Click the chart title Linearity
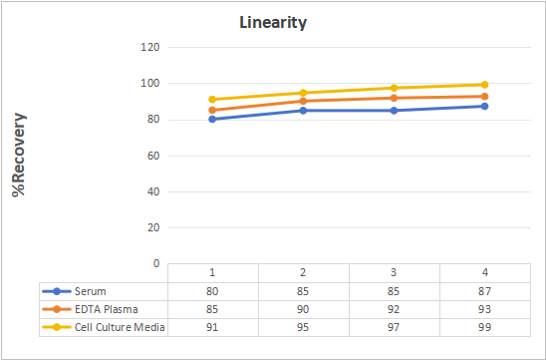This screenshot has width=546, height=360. point(273,22)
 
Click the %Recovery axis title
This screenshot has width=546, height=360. point(19,155)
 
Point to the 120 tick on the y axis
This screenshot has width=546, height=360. point(150,47)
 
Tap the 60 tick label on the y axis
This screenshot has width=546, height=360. point(153,156)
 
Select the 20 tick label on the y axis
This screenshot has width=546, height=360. point(153,227)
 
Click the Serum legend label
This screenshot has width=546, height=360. point(91,291)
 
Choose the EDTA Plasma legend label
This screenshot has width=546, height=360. point(107,309)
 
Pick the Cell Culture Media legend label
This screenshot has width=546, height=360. point(120,327)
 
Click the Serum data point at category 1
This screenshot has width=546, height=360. point(212,120)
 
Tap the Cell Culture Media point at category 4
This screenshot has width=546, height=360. point(484,85)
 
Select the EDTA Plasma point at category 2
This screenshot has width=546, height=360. point(303,101)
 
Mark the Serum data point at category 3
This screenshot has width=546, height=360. point(394,111)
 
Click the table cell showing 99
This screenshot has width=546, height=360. point(484,327)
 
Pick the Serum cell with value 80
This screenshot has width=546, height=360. point(212,291)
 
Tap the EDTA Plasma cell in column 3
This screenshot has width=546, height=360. point(394,309)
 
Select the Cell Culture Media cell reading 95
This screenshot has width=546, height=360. point(303,327)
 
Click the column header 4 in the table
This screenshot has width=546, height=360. point(484,272)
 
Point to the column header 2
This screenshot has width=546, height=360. point(303,272)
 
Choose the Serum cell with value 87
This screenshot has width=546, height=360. point(484,291)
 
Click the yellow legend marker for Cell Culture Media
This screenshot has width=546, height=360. point(57,327)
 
